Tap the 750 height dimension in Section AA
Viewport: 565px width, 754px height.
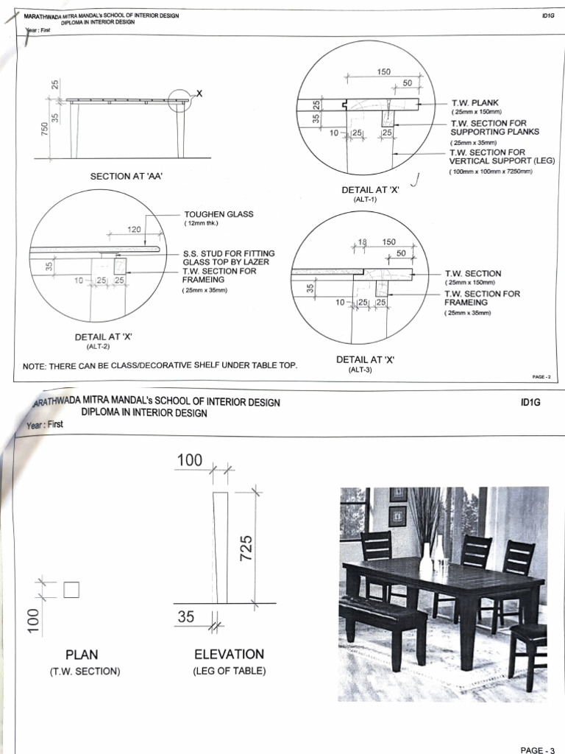coord(45,130)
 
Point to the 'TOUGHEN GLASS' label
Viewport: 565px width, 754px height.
coord(218,214)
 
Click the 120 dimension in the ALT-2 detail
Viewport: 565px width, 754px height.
coord(135,230)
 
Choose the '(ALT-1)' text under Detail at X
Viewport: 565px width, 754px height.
coord(365,200)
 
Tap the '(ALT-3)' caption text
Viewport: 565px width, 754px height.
coord(360,370)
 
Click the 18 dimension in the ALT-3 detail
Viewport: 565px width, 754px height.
coord(361,242)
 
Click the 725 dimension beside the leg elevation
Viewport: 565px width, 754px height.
coord(247,546)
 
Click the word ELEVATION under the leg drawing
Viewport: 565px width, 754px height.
coord(229,654)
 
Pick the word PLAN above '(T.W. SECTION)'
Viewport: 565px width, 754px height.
coord(82,655)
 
